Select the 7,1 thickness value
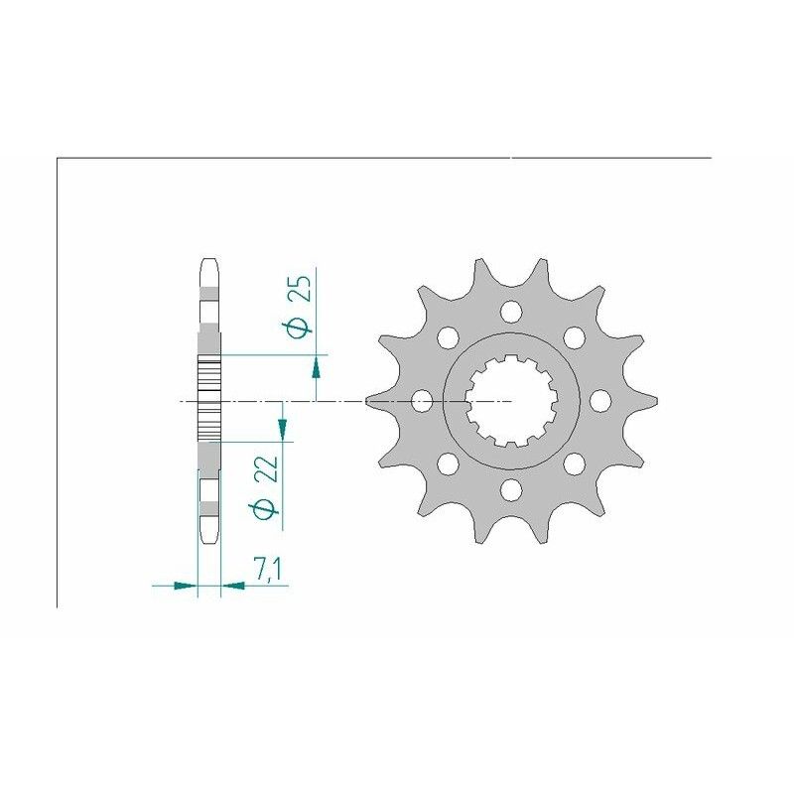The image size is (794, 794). point(265,570)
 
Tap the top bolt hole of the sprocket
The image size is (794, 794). point(511,313)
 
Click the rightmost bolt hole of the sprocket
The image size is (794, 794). point(599,400)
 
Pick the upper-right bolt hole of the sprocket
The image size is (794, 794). point(573,337)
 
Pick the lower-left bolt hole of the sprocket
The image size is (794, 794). point(448,463)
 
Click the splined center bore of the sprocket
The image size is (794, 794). point(511,401)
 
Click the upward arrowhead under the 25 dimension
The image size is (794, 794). point(317,367)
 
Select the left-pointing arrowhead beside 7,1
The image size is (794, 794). point(233,586)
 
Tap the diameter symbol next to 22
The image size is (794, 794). point(263,509)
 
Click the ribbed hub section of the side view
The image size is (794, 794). point(208,400)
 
